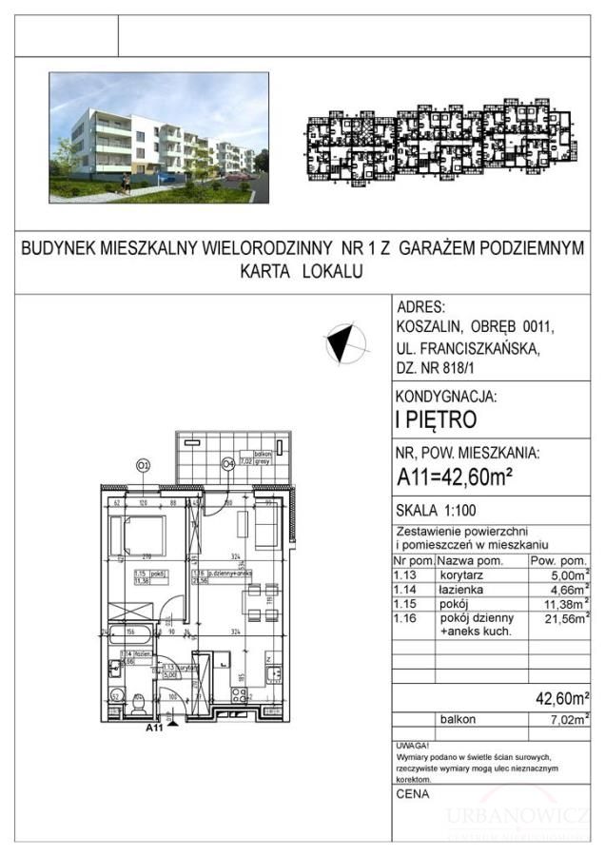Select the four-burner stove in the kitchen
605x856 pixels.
(270, 657)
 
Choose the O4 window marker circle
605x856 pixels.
(227, 465)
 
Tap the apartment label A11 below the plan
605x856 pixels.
(156, 730)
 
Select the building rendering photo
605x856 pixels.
(152, 138)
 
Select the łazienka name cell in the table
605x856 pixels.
(460, 590)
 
